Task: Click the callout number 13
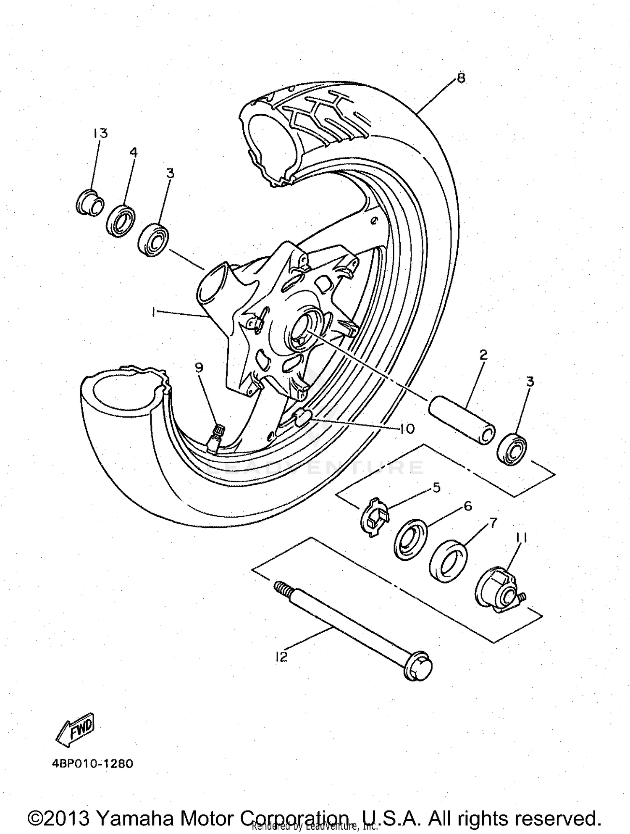[x=100, y=133]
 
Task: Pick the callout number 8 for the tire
[x=461, y=78]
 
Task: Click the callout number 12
[x=281, y=657]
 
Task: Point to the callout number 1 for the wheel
[x=154, y=312]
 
